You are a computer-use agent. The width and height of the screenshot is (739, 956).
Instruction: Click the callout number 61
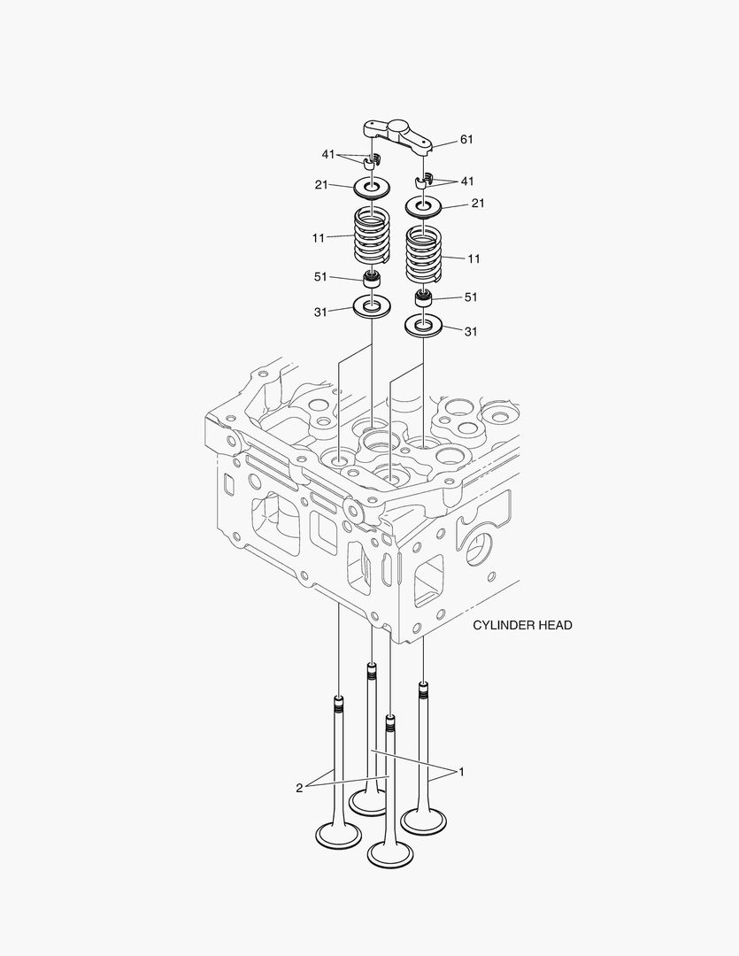(467, 140)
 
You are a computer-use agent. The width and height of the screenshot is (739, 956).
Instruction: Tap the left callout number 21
(322, 185)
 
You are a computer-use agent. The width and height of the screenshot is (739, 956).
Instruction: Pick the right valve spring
(424, 253)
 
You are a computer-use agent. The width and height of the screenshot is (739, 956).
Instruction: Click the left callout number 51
(322, 277)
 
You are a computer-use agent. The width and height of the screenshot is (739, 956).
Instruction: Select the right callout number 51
(471, 297)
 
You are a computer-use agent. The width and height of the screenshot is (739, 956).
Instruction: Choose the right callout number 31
(471, 332)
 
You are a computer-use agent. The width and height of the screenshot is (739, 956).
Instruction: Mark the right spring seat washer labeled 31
(424, 326)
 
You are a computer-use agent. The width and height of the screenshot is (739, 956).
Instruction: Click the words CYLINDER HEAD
(522, 625)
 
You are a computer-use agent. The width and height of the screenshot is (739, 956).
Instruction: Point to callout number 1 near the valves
(461, 772)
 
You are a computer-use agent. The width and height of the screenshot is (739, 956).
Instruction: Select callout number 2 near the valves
(299, 787)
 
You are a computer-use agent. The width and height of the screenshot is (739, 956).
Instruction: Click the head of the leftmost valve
(338, 834)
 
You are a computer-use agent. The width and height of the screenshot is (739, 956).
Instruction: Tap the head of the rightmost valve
(423, 821)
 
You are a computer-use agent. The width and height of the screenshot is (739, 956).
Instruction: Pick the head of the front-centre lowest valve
(389, 853)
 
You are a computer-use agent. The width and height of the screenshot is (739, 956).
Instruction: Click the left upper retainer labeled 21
(373, 189)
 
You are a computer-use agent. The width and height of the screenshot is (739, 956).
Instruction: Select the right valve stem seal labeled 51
(424, 297)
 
